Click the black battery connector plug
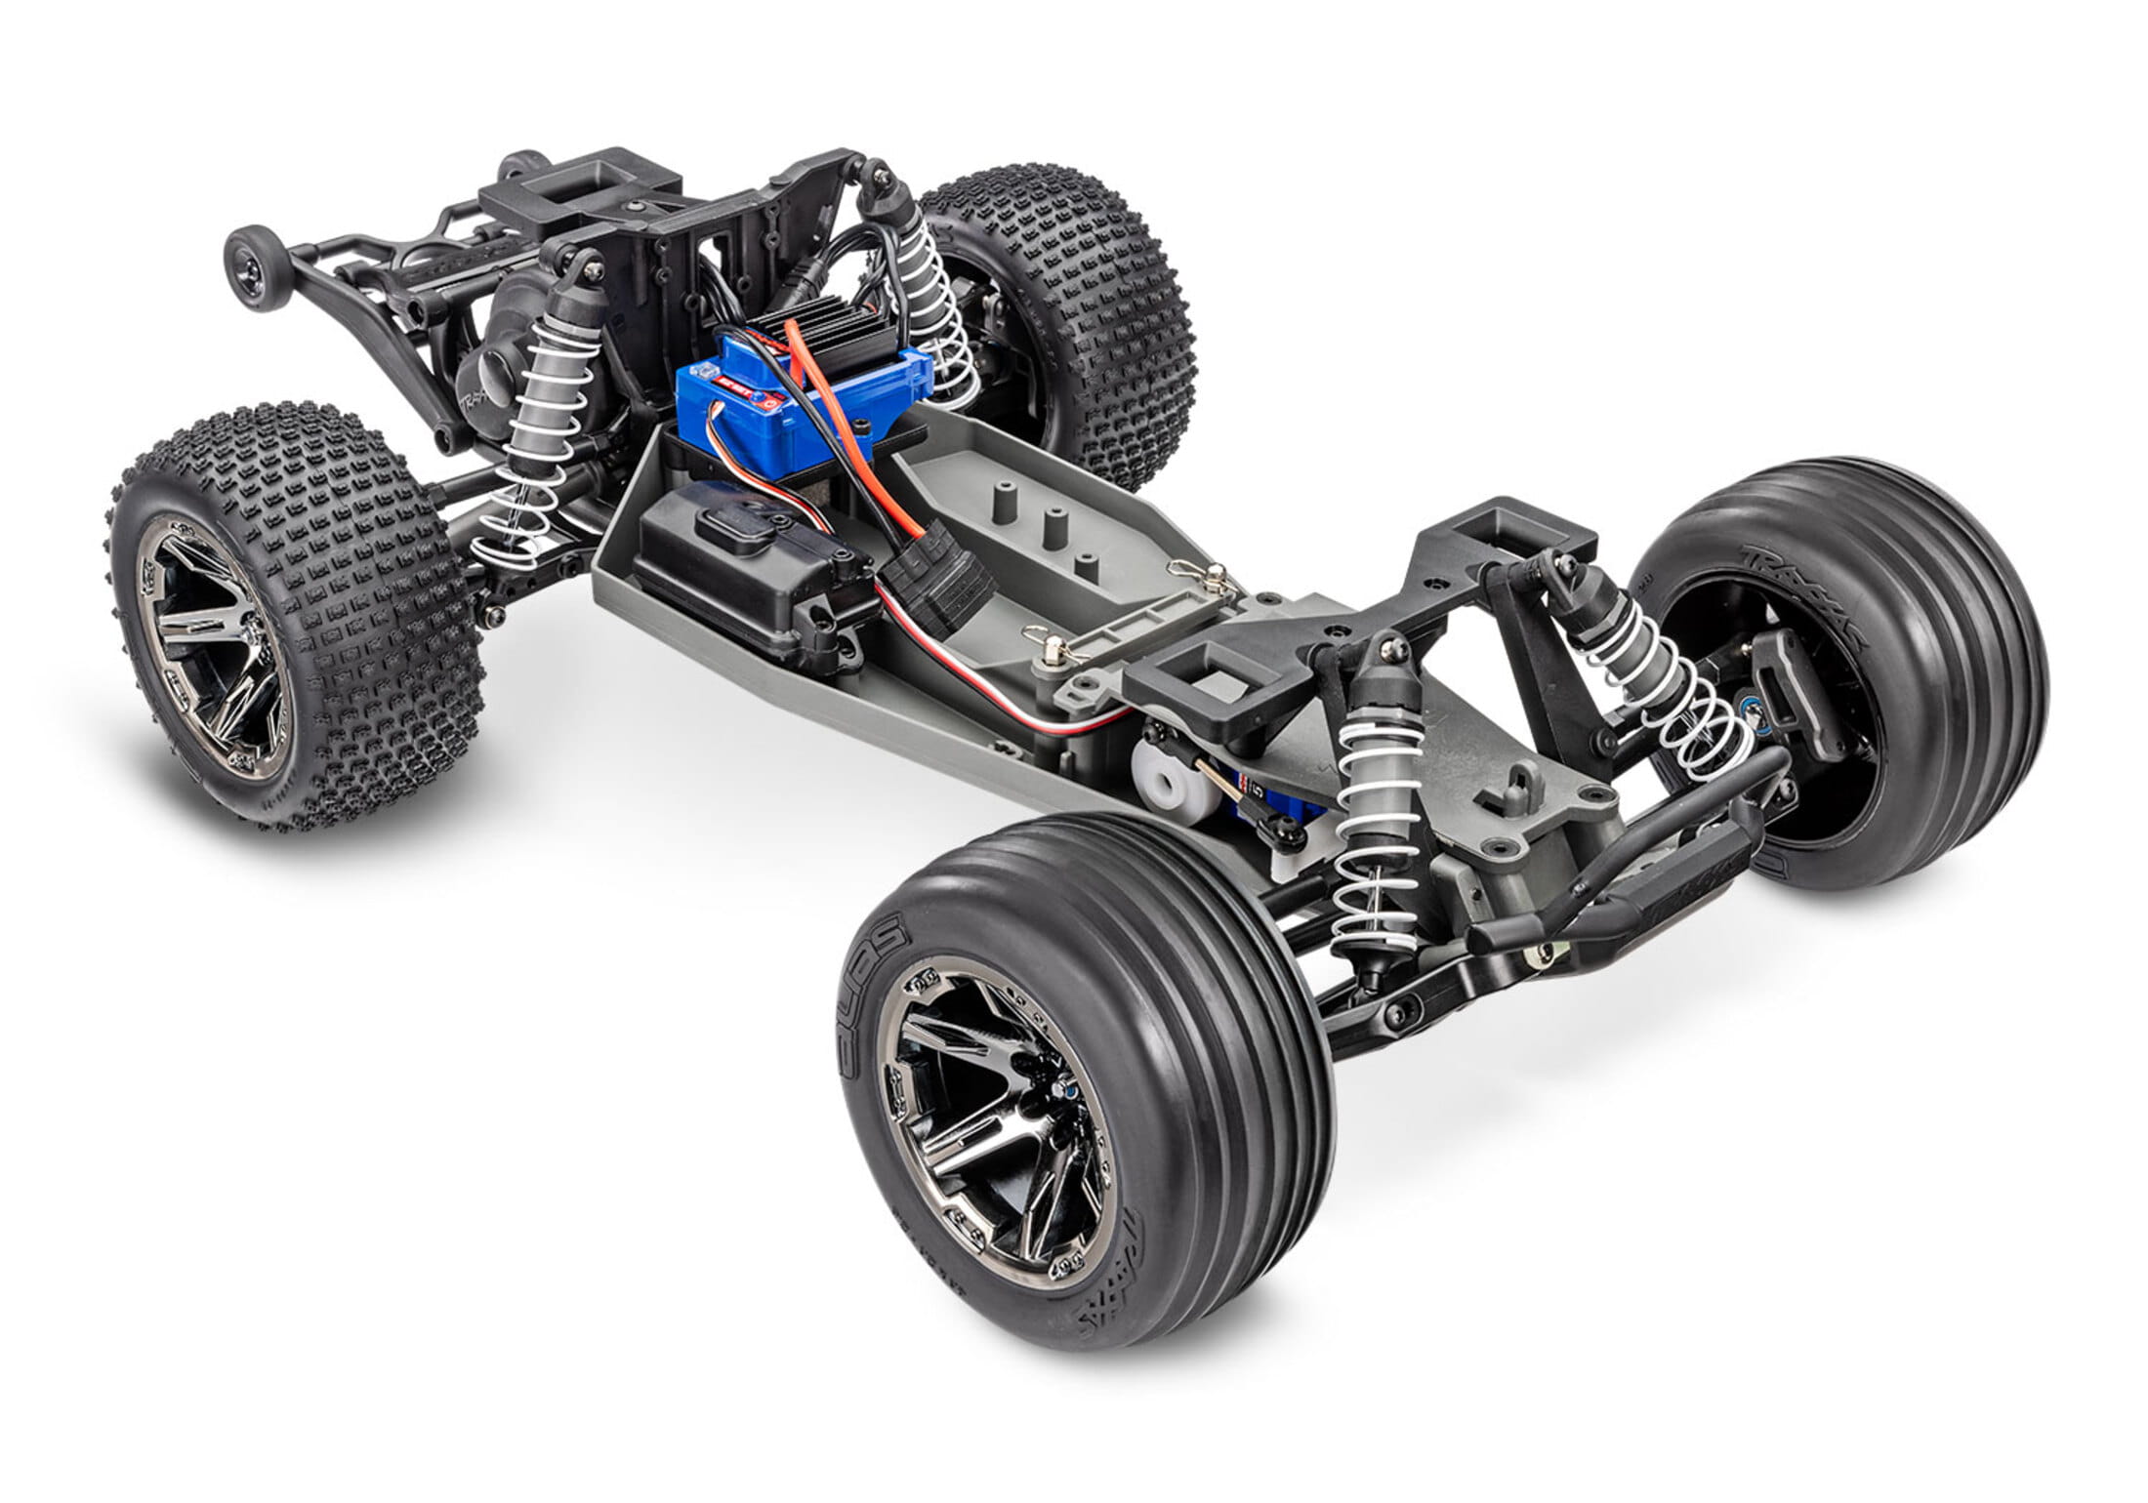[x=944, y=595]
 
